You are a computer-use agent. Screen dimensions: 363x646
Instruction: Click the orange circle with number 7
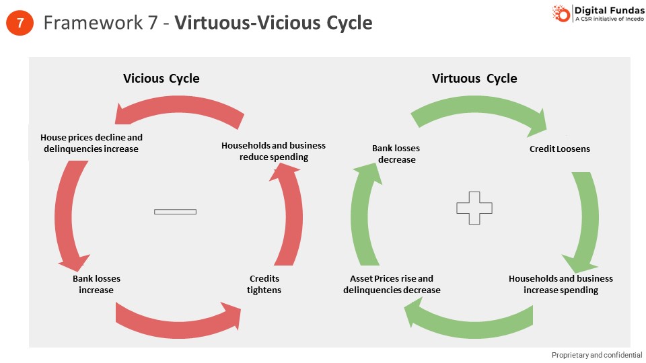[20, 23]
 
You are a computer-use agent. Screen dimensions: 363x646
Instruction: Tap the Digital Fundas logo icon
[561, 13]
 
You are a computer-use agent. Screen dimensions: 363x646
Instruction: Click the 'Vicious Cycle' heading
[161, 78]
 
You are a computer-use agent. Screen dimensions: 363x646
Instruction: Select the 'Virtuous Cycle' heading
[474, 78]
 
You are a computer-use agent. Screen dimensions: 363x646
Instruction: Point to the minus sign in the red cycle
[175, 212]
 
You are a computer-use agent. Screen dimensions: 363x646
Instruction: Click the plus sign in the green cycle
[474, 208]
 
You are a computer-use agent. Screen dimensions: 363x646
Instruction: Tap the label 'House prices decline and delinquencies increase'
[92, 143]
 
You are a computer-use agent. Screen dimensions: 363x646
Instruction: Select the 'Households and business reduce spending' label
[273, 151]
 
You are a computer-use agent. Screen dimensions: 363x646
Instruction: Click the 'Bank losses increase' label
[96, 284]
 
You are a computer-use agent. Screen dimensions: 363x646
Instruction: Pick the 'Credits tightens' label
[264, 284]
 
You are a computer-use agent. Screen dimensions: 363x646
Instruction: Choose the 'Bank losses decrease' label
[396, 154]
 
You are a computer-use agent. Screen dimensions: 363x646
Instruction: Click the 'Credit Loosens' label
[559, 149]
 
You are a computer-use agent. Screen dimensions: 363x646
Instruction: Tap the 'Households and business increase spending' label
[561, 284]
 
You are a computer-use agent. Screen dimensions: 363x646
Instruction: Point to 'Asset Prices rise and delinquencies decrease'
[392, 284]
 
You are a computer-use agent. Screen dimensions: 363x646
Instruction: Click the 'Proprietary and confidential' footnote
[596, 355]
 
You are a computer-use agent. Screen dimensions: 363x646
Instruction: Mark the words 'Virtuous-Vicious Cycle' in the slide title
[273, 23]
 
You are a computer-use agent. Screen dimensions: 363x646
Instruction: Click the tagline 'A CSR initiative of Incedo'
[606, 19]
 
